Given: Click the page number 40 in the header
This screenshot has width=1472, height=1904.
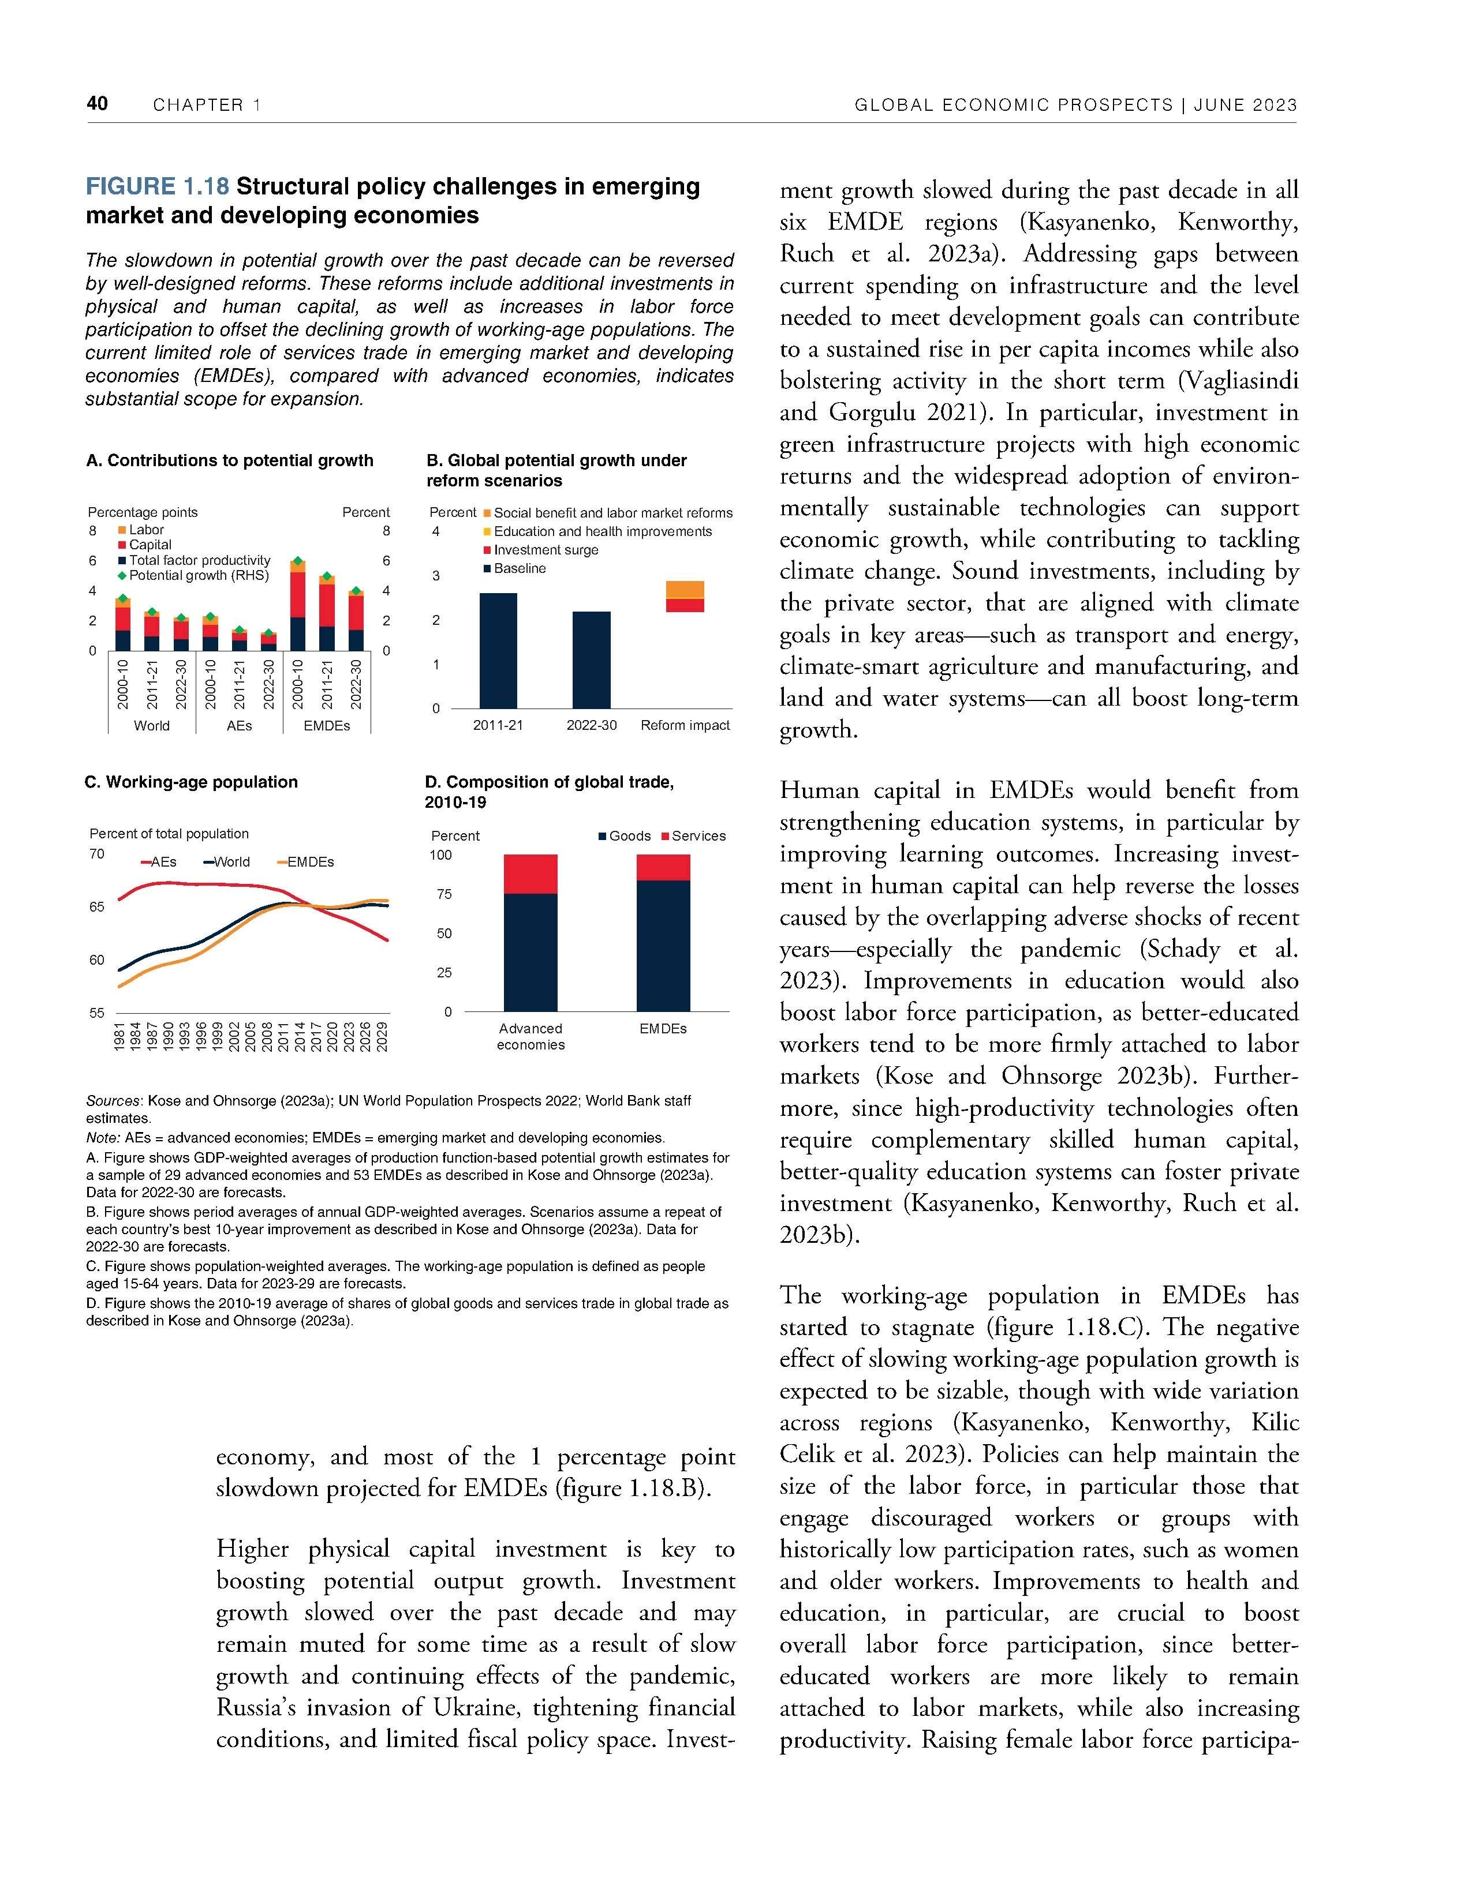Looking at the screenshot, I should point(97,104).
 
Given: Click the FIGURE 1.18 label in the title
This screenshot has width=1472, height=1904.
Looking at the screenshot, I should point(157,186).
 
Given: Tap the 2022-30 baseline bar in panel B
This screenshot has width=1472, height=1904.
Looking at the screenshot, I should point(591,660).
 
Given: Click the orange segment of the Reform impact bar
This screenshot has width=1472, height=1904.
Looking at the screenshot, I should point(685,589).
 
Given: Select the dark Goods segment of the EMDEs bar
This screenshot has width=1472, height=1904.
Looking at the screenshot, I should point(663,946).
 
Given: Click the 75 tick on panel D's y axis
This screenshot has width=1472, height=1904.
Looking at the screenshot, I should point(444,894).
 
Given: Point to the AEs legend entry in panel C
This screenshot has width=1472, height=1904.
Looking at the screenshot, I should point(159,862).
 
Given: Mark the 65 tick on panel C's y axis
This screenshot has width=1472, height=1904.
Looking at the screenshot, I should point(97,906).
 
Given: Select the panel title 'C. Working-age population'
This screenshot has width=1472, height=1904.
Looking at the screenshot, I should point(191,782).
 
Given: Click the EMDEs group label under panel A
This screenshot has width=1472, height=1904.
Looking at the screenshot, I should point(326,725).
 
